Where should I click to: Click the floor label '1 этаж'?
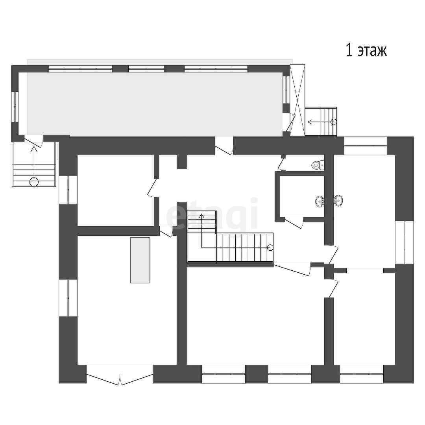pyautogui.click(x=366, y=50)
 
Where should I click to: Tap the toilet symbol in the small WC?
pyautogui.click(x=318, y=164)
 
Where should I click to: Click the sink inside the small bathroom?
pyautogui.click(x=320, y=201)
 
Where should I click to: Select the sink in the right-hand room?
pyautogui.click(x=338, y=201)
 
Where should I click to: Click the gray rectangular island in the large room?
pyautogui.click(x=140, y=260)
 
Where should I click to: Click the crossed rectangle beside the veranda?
pyautogui.click(x=297, y=100)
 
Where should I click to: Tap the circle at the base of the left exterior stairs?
pyautogui.click(x=34, y=181)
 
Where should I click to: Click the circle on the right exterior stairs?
pyautogui.click(x=334, y=122)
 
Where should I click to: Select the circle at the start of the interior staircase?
pyautogui.click(x=270, y=248)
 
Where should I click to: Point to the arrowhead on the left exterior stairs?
pyautogui.click(x=34, y=149)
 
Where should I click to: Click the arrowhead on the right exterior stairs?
pyautogui.click(x=310, y=122)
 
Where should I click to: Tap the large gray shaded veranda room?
pyautogui.click(x=155, y=104)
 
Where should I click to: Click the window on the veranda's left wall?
pyautogui.click(x=15, y=107)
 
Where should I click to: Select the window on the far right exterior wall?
pyautogui.click(x=404, y=242)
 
